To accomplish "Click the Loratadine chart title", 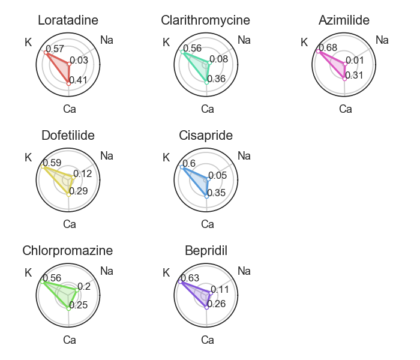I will click(69, 20).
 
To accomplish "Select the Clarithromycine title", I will click(205, 20).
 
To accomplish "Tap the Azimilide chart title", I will click(344, 20).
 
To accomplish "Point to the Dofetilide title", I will click(68, 136).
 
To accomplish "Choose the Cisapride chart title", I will click(206, 136).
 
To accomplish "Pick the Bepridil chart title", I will click(206, 250).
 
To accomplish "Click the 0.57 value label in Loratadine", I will click(55, 48).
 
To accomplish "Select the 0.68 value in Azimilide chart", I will click(328, 48).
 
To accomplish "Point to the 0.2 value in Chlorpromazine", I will click(84, 287).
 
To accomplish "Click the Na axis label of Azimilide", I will click(382, 40).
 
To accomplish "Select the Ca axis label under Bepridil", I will click(208, 340).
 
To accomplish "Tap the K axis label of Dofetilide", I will click(28, 158).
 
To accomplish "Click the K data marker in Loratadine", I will click(45, 52).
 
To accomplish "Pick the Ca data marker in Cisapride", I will click(206, 196).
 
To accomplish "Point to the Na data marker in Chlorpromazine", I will click(77, 290).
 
